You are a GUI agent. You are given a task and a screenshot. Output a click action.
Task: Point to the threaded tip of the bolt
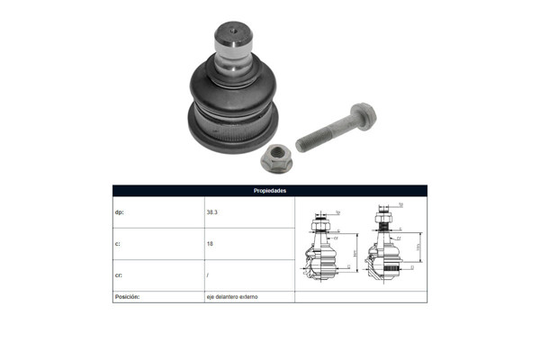301,145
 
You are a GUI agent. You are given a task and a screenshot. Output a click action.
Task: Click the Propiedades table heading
270,191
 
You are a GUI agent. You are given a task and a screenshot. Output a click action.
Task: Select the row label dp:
121,212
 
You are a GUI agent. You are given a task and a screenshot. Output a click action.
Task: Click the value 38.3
213,212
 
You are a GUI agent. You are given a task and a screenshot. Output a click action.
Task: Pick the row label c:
119,243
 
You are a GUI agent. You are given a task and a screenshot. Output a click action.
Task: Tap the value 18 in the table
210,243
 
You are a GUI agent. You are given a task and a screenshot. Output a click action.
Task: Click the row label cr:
120,274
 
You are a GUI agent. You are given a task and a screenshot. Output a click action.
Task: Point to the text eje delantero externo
231,296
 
